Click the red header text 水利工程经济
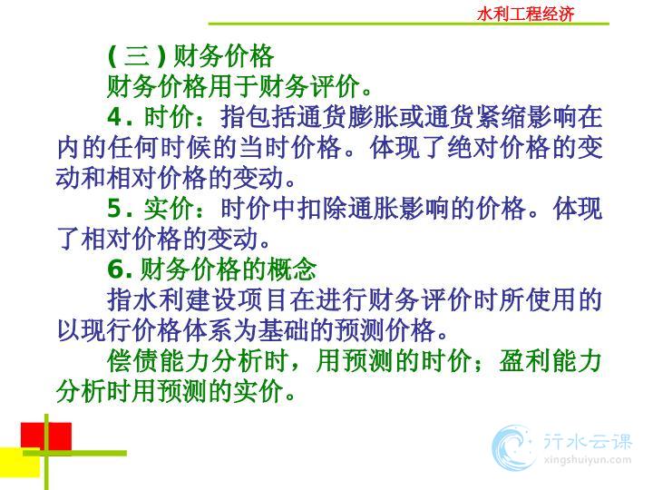tap(525, 15)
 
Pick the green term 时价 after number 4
tap(169, 117)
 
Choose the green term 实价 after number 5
tap(169, 209)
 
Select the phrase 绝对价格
tap(499, 147)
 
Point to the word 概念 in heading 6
tap(292, 269)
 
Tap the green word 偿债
tap(132, 361)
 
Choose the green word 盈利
tap(524, 361)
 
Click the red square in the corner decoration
tap(46, 436)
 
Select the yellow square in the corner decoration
tap(20, 463)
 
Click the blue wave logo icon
tap(513, 447)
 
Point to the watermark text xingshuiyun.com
tap(588, 460)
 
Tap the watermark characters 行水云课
tap(588, 441)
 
